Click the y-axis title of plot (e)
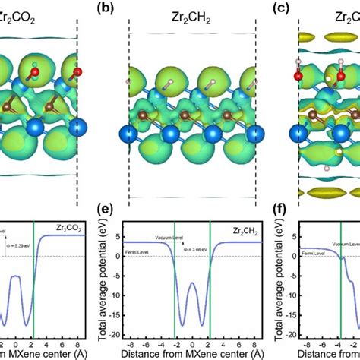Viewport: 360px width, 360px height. point(115,277)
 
